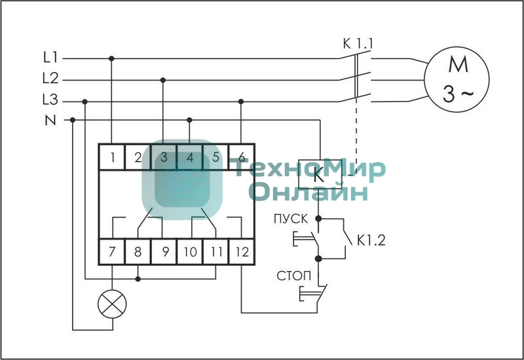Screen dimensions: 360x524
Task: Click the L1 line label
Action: [50, 58]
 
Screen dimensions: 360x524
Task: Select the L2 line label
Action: [50, 79]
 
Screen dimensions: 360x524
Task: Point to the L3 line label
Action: [50, 101]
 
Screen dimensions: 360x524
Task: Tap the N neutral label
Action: [50, 120]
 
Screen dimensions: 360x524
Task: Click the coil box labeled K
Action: [319, 175]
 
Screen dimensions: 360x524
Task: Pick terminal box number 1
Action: [113, 157]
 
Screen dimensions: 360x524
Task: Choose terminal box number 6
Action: [241, 157]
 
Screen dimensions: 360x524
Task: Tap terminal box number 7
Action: [113, 251]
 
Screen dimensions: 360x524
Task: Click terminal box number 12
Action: [241, 251]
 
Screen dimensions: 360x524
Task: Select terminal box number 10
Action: [190, 251]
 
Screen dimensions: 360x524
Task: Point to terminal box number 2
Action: [138, 157]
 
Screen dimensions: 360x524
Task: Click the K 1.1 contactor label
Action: [358, 44]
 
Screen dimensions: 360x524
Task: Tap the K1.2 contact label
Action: [371, 240]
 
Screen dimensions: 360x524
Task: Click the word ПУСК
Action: [290, 218]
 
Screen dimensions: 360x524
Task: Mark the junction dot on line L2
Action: [163, 80]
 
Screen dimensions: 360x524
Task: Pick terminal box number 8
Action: [138, 251]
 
